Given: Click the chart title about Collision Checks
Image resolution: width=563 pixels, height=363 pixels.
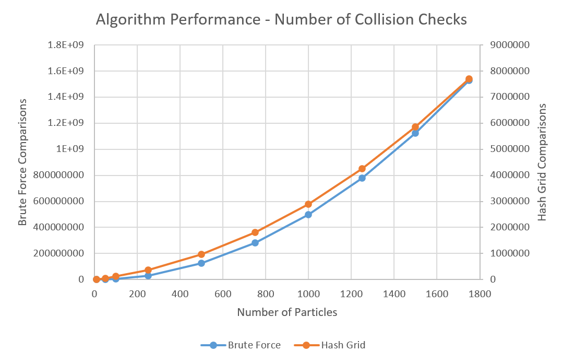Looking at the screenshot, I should coord(281,20).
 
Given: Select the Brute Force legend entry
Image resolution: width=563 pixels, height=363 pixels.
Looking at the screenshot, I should coord(241,345).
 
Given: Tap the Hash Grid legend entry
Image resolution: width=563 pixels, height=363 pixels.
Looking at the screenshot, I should coord(334,345).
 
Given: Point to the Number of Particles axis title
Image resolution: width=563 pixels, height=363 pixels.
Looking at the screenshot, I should coord(287,312).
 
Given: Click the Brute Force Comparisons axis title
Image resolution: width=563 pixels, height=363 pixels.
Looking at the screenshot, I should coord(22,162).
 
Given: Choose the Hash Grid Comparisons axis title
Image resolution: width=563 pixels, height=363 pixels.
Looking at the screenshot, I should coord(542,162).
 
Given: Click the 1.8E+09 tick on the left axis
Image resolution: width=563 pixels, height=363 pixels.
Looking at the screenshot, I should coord(66,45).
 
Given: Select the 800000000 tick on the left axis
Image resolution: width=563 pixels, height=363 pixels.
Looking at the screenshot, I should coord(59,175).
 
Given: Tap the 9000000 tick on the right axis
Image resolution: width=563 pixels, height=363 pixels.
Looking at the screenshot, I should coord(510,45).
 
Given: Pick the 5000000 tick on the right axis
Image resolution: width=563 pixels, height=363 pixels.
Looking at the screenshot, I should coord(510,149).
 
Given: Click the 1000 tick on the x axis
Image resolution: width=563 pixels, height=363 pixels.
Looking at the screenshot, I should coord(308,294).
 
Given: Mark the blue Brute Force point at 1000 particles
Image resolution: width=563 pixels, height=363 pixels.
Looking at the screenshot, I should coord(308,215).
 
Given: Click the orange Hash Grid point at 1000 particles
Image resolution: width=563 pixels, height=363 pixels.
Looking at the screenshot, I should coord(308,204).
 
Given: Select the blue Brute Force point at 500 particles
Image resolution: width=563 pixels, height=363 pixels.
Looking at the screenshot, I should coord(201,263).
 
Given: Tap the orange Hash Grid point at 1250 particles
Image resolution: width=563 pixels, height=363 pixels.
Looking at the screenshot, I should coord(362,169).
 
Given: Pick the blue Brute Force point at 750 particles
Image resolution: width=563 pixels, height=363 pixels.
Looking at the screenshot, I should coord(255,243).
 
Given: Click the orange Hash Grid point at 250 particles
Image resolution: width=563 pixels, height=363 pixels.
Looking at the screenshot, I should coord(148,270).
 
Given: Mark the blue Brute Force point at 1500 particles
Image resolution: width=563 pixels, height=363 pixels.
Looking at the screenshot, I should coord(415,133).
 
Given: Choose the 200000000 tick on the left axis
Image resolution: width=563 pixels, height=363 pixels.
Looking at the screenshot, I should coord(59,254).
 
